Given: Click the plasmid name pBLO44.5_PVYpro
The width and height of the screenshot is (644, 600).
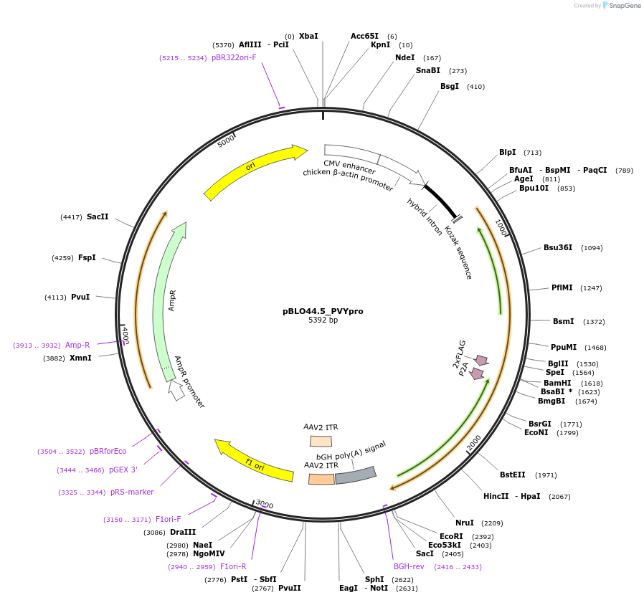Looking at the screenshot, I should click(x=323, y=311).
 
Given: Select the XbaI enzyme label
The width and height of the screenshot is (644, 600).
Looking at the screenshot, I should click(x=308, y=36).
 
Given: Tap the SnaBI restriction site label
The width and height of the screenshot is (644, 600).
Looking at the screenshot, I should click(x=428, y=70).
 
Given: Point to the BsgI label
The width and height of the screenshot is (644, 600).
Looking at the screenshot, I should click(x=450, y=87).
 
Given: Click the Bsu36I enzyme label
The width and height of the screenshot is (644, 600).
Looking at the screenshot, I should click(x=558, y=247).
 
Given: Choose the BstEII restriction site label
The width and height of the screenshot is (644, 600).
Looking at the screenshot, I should click(x=513, y=475).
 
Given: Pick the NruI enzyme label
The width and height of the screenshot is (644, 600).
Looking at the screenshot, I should click(x=465, y=523).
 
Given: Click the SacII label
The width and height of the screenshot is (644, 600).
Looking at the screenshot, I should click(x=98, y=216).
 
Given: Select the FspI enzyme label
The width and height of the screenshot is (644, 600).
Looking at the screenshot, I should click(x=87, y=257).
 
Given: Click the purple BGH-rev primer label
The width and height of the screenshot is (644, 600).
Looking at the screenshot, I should click(x=409, y=566).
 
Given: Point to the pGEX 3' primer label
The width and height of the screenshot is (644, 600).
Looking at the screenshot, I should click(x=123, y=470).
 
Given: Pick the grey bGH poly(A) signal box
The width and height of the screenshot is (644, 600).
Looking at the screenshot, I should click(x=356, y=475).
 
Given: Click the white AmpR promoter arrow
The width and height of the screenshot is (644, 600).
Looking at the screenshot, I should click(x=176, y=389).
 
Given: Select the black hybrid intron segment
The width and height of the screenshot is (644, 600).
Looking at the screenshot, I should click(x=441, y=201).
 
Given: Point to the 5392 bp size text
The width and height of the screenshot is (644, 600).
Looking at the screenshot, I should click(x=323, y=320).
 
